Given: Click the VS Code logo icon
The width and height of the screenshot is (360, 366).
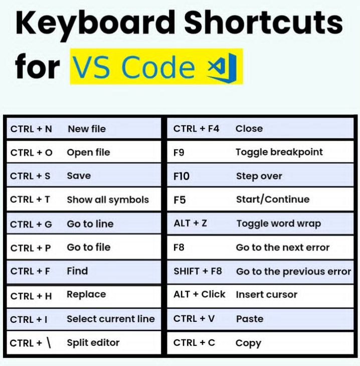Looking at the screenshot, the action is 222,68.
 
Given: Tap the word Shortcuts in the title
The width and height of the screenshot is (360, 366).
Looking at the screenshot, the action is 264,22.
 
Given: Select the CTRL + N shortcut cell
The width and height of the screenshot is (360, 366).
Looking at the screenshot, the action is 31,129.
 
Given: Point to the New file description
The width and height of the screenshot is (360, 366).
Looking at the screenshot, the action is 87,129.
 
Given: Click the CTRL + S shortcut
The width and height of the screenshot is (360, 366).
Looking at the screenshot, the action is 30,176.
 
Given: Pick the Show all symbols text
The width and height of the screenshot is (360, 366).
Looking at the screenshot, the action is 108,200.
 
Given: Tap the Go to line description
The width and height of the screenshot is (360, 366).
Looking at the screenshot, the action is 90,224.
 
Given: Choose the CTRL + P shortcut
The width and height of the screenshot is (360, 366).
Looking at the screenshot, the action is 31,248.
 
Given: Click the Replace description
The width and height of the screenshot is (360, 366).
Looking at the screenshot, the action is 86,295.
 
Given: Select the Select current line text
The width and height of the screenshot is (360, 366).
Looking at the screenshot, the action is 111,319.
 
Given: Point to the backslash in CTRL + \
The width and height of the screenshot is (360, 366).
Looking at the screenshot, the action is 49,343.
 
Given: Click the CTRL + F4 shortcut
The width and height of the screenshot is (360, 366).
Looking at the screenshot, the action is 197,129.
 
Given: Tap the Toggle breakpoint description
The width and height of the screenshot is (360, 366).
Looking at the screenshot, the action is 279,153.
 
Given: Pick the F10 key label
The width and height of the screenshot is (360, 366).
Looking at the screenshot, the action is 182,176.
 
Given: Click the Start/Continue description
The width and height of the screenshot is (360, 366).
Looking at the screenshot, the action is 273,199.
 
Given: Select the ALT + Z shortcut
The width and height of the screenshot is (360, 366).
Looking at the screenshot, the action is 190,223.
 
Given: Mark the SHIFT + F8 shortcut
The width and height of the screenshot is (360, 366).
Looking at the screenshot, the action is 198,271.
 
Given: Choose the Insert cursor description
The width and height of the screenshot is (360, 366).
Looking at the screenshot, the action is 267,295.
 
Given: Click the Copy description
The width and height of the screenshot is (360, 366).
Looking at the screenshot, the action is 248,343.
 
